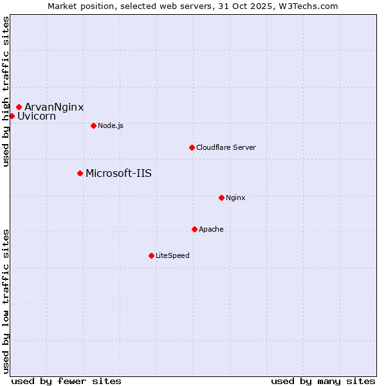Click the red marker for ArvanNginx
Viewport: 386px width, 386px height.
(19, 107)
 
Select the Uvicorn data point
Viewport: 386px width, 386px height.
(12, 116)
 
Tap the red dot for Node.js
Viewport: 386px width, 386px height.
(93, 125)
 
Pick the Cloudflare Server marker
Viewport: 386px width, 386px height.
(192, 147)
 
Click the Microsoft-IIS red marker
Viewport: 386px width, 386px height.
(80, 173)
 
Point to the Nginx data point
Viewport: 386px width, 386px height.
(221, 198)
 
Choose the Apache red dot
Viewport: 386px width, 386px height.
(194, 229)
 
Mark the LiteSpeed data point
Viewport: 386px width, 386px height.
(151, 255)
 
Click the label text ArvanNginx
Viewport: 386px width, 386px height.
(54, 107)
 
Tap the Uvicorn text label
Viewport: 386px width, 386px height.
(37, 116)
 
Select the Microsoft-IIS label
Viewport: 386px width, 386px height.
(118, 173)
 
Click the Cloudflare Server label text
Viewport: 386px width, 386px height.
(226, 147)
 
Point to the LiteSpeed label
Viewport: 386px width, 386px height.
(172, 255)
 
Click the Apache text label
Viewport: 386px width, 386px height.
(211, 229)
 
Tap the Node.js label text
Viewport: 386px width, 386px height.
(111, 125)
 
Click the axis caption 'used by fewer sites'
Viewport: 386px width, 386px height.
(66, 381)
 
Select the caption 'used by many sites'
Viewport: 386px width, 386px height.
(323, 381)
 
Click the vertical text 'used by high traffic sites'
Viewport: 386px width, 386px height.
(6, 92)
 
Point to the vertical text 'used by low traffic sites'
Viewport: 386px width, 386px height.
(6, 300)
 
